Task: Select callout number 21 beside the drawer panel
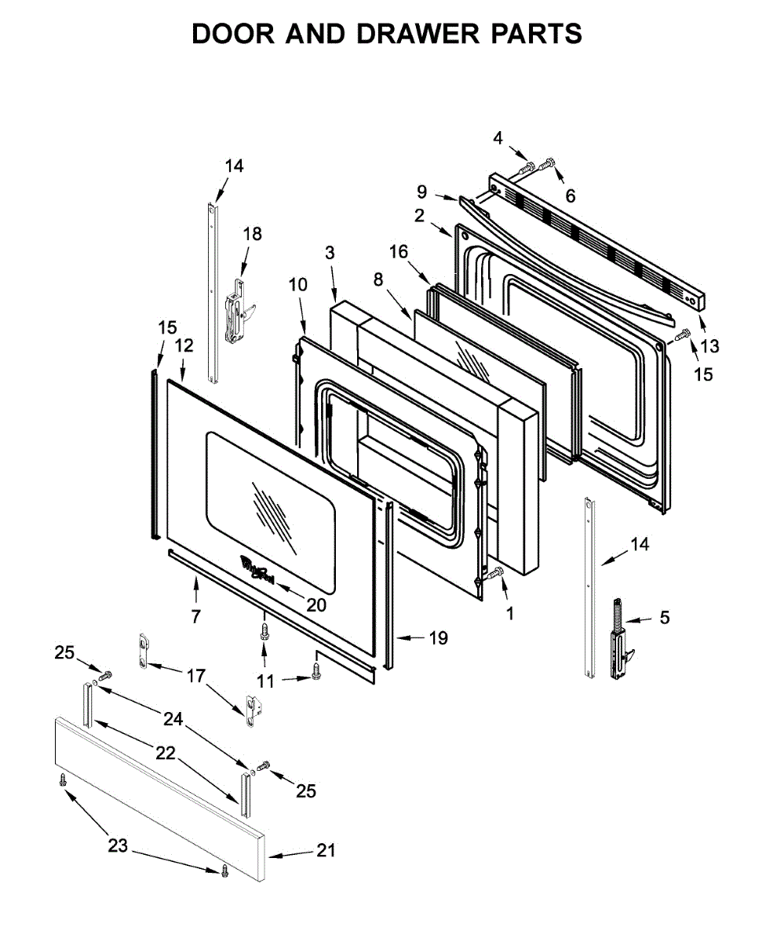326,850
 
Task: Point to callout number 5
665,618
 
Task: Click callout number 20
316,605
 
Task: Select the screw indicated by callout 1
494,575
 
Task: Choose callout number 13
709,345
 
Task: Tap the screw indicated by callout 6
549,162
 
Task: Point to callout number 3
330,252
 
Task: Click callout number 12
183,345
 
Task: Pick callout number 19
438,637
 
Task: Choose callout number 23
117,845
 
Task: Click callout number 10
297,284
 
